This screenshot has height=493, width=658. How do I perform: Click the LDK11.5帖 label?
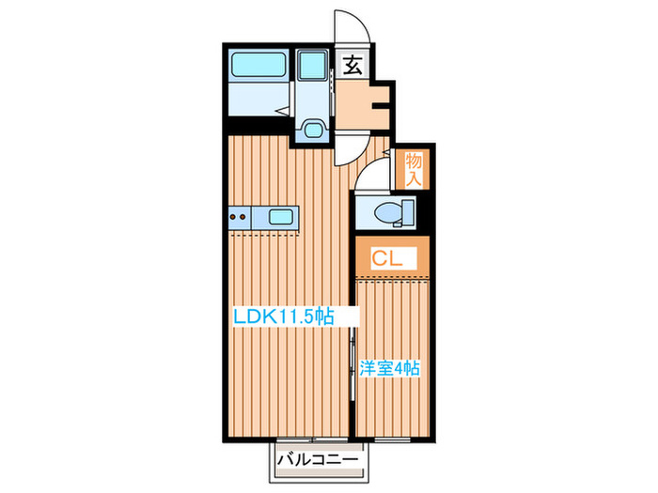283,316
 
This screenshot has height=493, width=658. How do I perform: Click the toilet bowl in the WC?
384,213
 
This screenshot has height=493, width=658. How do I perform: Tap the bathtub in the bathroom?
258,67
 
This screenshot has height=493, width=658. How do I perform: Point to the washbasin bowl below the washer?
309,130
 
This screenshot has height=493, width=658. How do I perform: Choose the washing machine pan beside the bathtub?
309,68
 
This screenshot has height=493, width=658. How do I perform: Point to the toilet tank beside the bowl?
407,212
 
